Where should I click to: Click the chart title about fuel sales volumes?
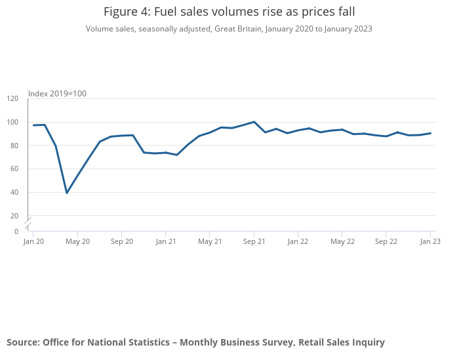tap(229, 12)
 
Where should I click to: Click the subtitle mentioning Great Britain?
tap(229, 28)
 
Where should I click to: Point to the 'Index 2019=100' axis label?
tap(57, 94)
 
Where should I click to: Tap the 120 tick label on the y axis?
tap(13, 98)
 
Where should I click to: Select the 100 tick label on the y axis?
tap(13, 122)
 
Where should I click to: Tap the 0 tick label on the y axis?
tap(16, 231)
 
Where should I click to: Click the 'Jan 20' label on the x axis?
tap(33, 241)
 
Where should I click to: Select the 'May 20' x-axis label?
tap(77, 241)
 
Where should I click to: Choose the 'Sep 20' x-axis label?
tap(122, 241)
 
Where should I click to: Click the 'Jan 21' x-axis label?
tap(166, 241)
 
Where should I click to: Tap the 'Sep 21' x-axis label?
tap(254, 241)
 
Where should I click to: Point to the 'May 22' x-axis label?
tap(342, 241)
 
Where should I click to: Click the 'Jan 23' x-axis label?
tap(430, 241)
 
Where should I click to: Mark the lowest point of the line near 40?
tap(66, 193)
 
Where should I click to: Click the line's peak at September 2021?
tap(254, 122)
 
